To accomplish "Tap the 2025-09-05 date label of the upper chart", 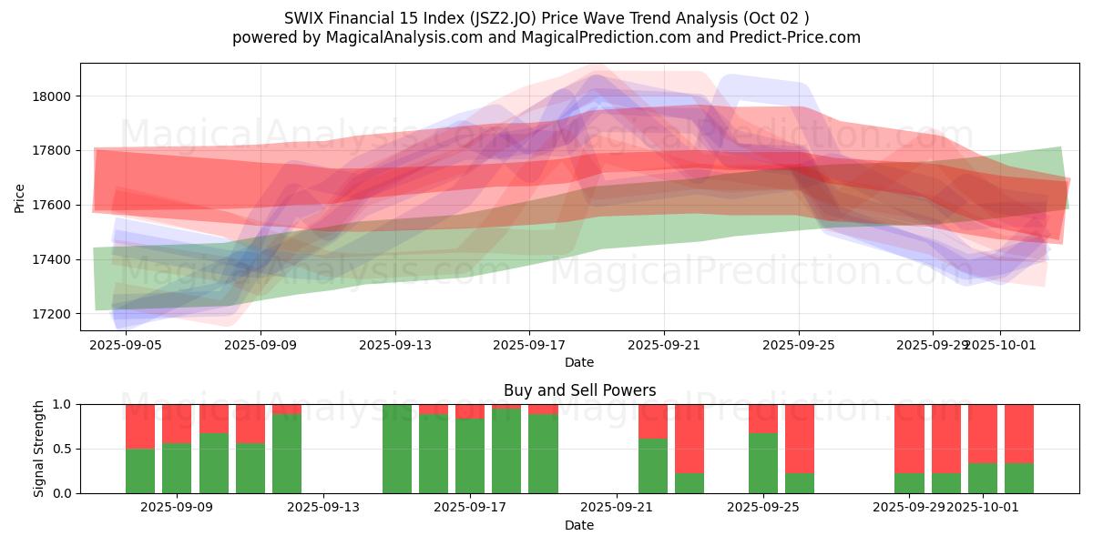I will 126,345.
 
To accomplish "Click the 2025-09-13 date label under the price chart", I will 394,345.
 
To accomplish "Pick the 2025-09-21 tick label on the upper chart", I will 664,345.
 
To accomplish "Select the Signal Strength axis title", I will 38,449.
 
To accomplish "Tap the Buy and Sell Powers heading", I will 579,390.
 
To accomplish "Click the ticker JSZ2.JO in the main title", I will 504,18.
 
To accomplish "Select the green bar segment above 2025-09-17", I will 470,456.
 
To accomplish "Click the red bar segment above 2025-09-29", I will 909,439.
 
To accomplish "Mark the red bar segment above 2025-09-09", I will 177,423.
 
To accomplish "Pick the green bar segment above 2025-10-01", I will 983,479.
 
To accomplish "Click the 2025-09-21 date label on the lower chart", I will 617,507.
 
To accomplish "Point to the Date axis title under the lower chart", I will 579,525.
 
